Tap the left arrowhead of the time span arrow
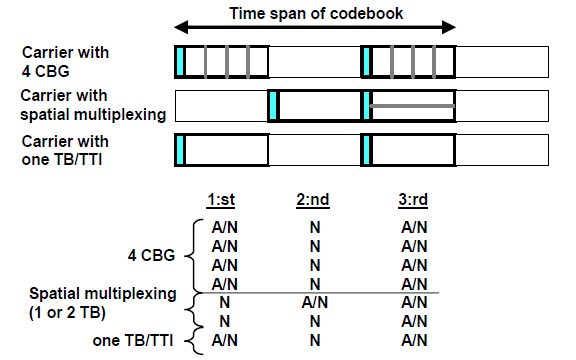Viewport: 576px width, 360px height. click(180, 28)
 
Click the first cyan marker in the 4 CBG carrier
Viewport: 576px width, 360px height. click(179, 62)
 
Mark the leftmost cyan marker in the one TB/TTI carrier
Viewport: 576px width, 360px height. click(179, 149)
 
